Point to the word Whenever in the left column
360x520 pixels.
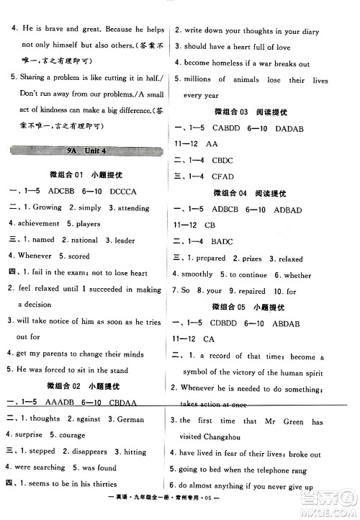pos(35,256)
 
